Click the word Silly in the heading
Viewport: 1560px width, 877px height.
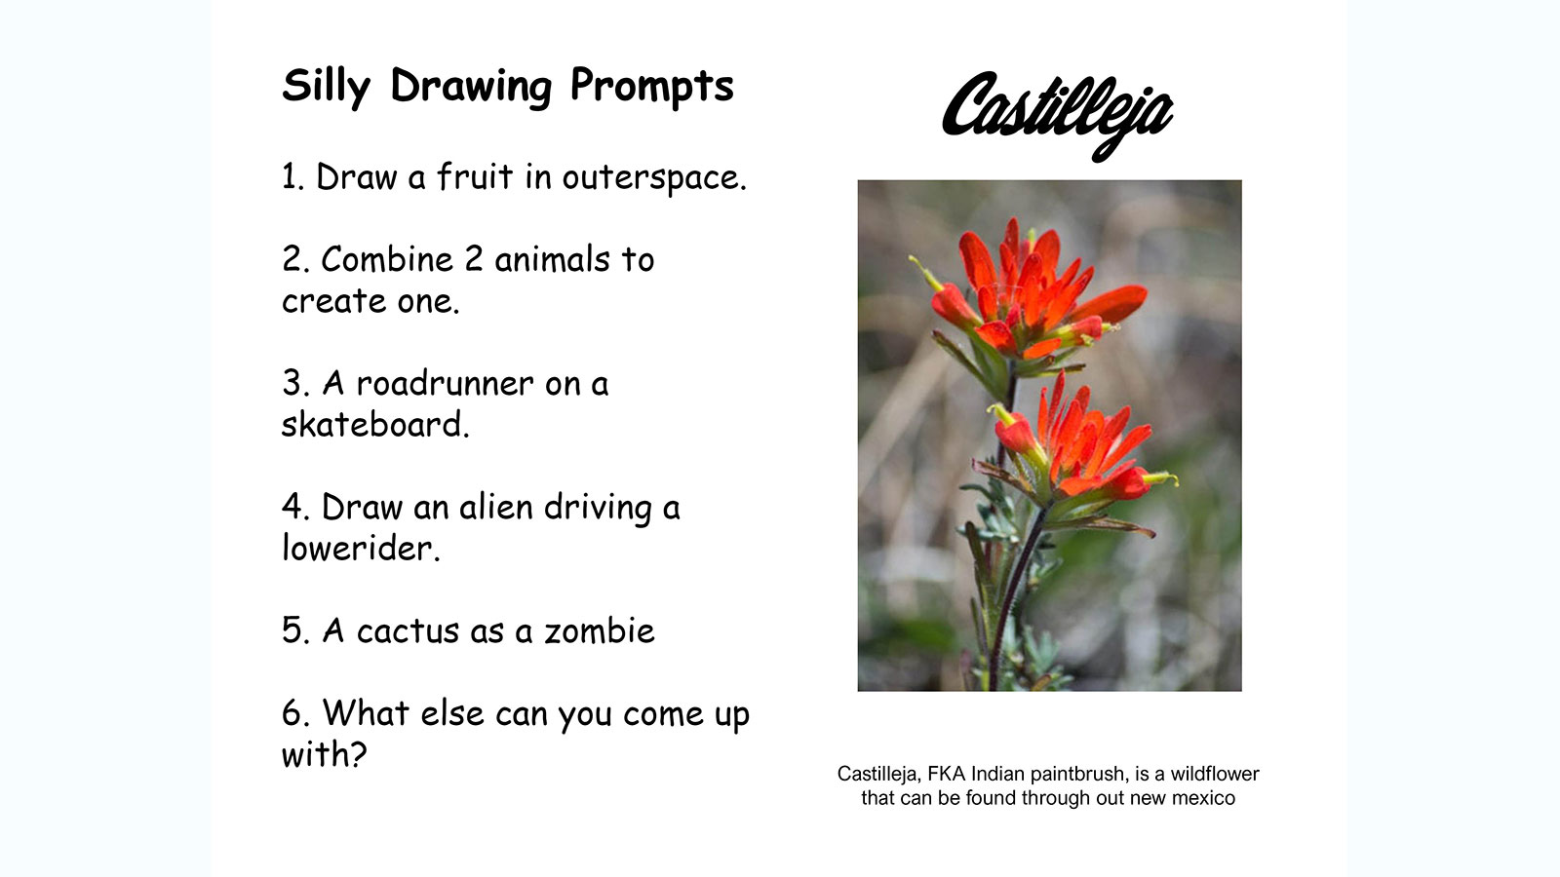(x=326, y=87)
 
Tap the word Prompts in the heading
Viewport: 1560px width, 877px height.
(x=652, y=87)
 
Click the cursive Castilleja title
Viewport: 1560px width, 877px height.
(x=1057, y=115)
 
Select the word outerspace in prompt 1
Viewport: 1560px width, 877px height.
(x=654, y=178)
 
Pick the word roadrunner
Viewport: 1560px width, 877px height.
(x=445, y=384)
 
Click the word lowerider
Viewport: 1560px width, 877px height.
(x=361, y=547)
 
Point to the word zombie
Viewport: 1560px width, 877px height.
(x=599, y=630)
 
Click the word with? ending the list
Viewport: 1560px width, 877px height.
(x=324, y=754)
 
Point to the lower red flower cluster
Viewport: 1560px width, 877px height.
(x=1079, y=445)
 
